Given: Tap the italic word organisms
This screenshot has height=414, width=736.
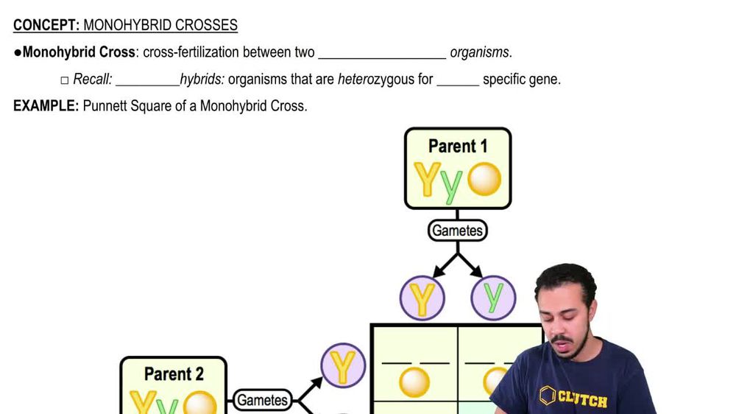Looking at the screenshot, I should click(479, 53).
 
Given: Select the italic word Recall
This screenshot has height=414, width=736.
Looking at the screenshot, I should click(92, 80).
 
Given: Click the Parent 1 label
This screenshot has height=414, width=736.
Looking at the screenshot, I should click(458, 146).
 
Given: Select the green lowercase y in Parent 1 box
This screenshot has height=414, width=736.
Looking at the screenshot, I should click(452, 184).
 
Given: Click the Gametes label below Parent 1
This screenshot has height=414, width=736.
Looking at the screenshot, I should click(458, 231).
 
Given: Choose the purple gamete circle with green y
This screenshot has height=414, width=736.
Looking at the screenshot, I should click(494, 298).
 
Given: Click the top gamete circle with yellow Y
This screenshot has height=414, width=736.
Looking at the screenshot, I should click(422, 298).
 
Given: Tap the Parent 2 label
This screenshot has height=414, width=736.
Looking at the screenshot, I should click(174, 373).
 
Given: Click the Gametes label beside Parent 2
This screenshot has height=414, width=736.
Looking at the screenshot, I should click(261, 400).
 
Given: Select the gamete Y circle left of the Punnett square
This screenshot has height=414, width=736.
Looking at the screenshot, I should click(343, 366).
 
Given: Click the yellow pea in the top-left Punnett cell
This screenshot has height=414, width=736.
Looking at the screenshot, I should click(414, 382).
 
